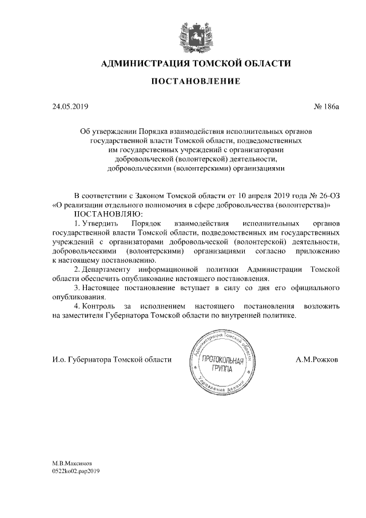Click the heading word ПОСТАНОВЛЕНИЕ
tap(196, 82)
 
